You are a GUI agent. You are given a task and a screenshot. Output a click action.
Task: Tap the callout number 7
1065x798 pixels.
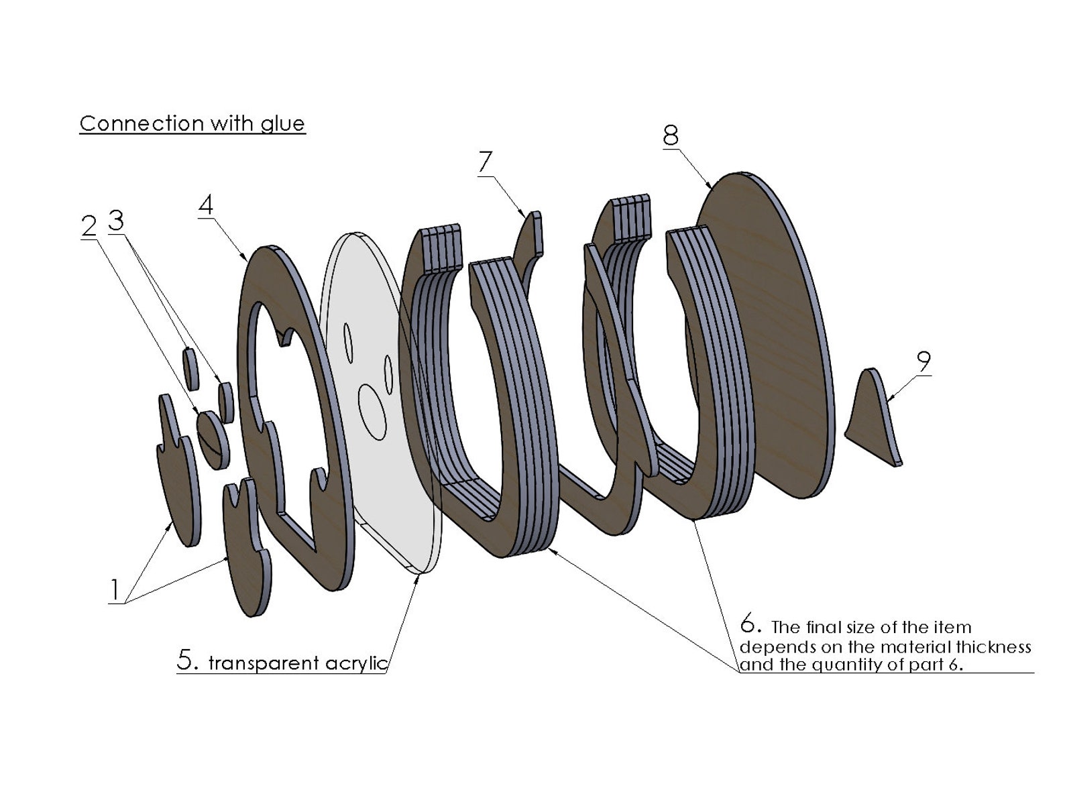point(485,162)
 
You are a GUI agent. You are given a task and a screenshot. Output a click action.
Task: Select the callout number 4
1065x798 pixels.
point(206,205)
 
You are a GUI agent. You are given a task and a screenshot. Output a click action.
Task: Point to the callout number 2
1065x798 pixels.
point(89,225)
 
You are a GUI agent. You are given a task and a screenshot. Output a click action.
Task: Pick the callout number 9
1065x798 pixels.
point(923,361)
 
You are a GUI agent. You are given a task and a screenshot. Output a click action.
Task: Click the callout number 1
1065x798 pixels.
point(115,590)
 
